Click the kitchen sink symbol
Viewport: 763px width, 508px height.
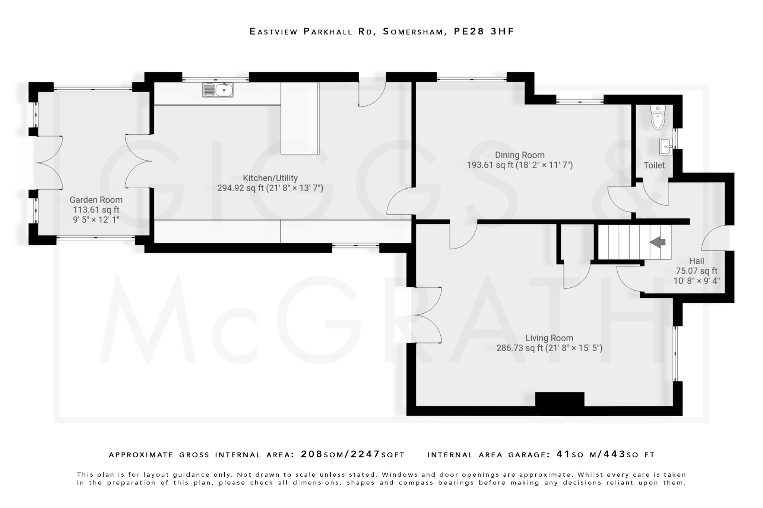point(218,90)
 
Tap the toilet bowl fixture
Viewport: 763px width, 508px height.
point(658,118)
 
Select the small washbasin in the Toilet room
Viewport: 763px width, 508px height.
point(666,147)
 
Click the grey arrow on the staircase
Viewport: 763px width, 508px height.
point(658,242)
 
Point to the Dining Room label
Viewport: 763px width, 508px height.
point(520,155)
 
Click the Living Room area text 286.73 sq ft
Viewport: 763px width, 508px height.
point(520,348)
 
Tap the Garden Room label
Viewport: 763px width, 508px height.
point(96,200)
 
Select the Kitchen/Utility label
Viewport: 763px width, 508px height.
point(270,178)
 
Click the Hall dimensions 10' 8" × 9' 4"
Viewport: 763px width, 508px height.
point(696,281)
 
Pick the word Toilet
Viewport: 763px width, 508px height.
point(654,165)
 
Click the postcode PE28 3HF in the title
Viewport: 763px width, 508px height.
point(484,31)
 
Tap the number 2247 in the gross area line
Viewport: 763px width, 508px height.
point(365,454)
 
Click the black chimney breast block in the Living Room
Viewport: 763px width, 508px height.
point(560,403)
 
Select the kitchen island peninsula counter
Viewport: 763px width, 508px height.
point(300,118)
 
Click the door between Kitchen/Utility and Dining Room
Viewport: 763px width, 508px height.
point(401,201)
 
